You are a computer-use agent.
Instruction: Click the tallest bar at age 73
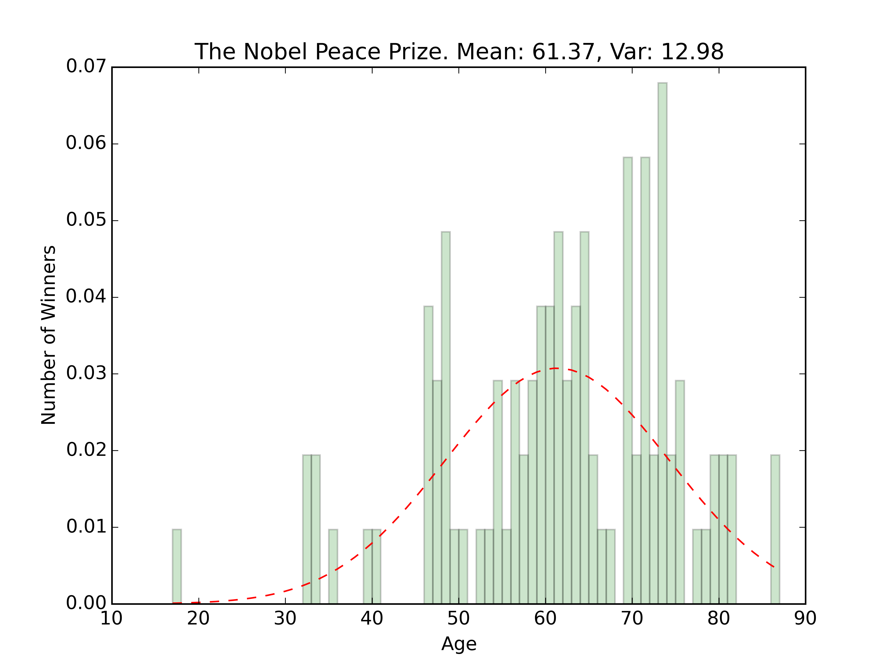662,344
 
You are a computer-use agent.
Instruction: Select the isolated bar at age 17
177,566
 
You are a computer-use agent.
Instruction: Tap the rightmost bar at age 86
775,530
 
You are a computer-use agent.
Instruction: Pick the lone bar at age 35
333,566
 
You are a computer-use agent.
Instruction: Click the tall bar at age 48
445,417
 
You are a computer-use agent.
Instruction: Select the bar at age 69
628,380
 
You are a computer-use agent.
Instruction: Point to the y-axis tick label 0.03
86,373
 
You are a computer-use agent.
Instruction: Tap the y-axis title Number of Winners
49,335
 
